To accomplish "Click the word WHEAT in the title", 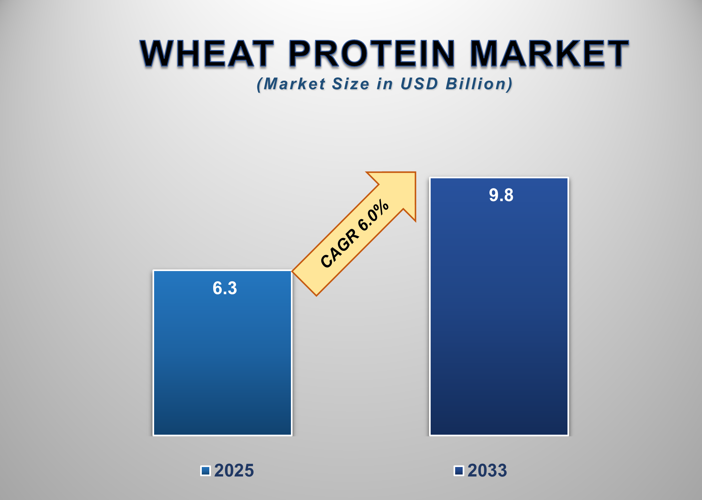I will tap(207, 53).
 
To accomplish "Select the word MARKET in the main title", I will tap(549, 53).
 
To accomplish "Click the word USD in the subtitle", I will tap(419, 84).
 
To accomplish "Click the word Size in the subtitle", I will tap(351, 84).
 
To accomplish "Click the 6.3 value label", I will tap(225, 288).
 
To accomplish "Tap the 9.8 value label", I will tap(501, 195).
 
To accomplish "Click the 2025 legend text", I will tap(234, 471).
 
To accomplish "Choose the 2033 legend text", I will tap(487, 471).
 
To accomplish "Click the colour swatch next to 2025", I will tap(205, 471).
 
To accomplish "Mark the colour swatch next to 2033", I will tap(459, 471).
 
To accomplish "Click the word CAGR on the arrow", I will tap(340, 248).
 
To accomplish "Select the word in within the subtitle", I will tap(384, 84).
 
